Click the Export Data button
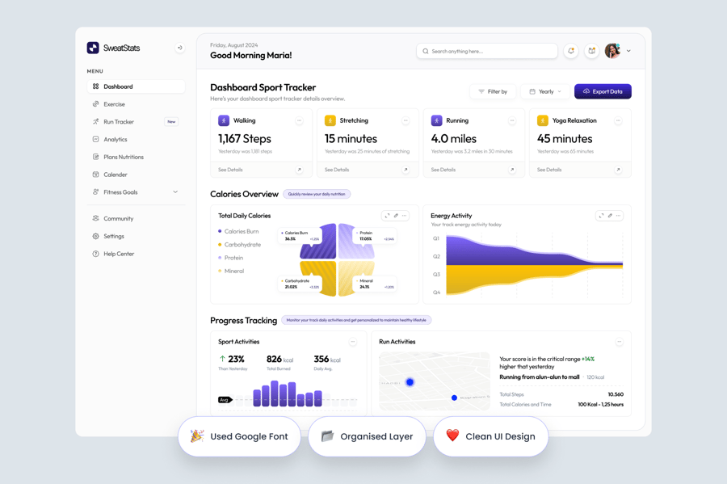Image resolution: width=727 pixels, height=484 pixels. coord(603,91)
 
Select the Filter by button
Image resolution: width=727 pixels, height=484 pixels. coord(493,91)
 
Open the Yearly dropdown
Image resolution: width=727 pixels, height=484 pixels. coord(545,91)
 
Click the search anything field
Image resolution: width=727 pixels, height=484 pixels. coord(487,51)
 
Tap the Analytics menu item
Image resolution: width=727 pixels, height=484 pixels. coord(115,140)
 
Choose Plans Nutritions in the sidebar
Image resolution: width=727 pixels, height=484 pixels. coord(123,157)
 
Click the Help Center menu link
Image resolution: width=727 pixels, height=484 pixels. coord(118,254)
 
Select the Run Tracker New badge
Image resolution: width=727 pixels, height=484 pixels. coord(171,122)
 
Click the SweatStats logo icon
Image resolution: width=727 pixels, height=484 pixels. coord(93,48)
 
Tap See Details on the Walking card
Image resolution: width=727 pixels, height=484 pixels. coord(230,170)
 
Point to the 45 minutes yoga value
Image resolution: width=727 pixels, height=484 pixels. coord(565,138)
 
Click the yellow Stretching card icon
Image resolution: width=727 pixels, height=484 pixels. coord(330,120)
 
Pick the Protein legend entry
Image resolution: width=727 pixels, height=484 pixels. coord(233,258)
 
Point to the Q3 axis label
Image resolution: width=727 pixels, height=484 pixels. coord(436,275)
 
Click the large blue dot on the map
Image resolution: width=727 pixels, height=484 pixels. coord(410,382)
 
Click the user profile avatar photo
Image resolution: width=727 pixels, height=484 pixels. coord(612,51)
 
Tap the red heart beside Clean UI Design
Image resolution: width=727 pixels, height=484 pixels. coord(452,436)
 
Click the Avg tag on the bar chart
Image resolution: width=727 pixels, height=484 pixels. coord(224,399)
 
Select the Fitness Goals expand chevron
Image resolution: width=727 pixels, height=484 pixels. coord(175,192)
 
